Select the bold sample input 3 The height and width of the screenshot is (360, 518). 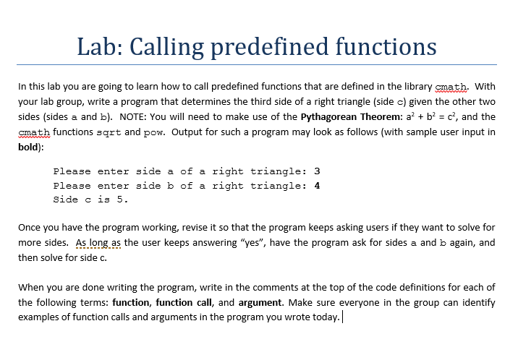tap(317, 171)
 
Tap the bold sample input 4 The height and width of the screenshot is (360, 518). tap(317, 185)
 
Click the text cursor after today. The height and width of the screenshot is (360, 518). tap(341, 318)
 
